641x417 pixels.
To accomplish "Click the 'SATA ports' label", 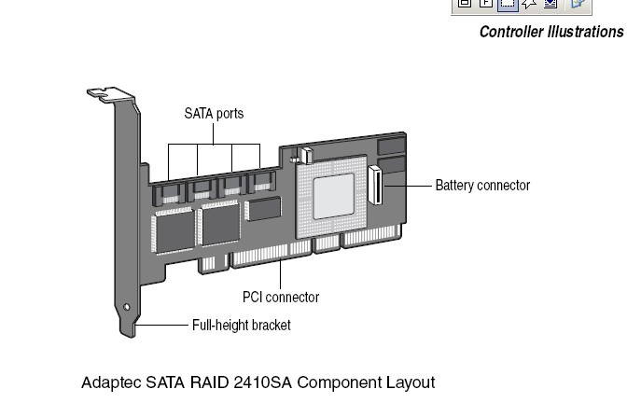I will [x=213, y=114].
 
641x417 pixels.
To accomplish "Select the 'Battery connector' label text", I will [x=482, y=185].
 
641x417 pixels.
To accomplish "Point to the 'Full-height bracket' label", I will [x=241, y=326].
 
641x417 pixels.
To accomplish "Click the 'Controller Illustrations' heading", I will [x=550, y=32].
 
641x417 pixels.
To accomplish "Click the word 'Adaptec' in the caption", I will [x=108, y=382].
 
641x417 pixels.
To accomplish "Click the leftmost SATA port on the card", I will [x=170, y=191].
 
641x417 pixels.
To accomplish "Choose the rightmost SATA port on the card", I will [x=261, y=183].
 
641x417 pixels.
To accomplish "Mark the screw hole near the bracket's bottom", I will [x=127, y=307].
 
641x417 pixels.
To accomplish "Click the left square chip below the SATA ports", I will [x=174, y=228].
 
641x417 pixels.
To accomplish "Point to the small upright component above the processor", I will [x=304, y=152].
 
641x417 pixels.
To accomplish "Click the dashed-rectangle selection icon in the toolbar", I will [x=507, y=4].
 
